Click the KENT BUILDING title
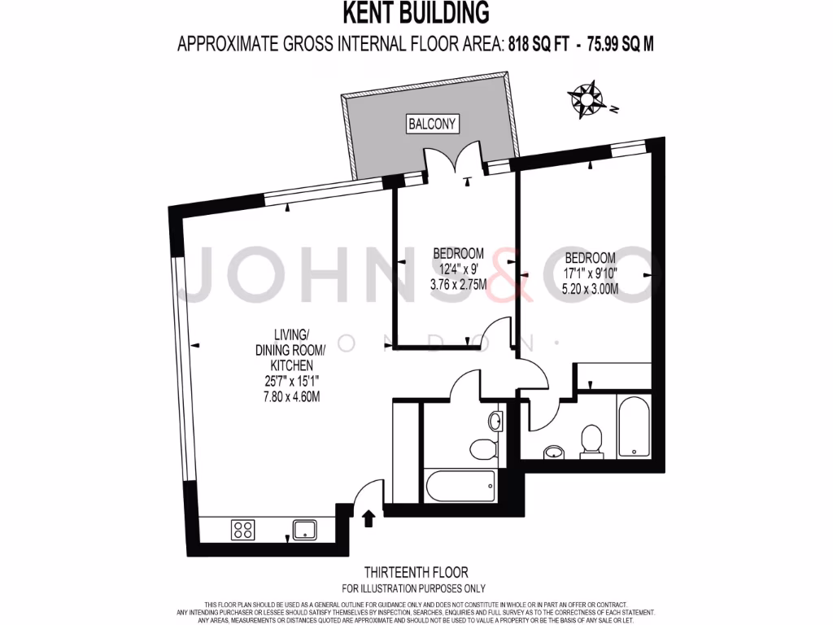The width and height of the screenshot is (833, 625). [x=416, y=13]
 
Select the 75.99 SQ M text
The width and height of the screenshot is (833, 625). [x=615, y=45]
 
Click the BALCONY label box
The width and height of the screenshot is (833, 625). [x=433, y=124]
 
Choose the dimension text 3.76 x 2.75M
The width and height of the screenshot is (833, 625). [x=458, y=284]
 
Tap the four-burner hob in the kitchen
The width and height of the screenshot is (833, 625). [x=242, y=530]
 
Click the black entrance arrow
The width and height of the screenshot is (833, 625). [x=369, y=518]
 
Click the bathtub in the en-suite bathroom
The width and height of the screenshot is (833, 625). [x=632, y=426]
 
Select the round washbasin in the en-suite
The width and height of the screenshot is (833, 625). [x=554, y=452]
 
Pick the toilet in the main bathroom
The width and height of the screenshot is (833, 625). [x=483, y=448]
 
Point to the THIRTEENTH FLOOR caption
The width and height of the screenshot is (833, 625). [x=416, y=573]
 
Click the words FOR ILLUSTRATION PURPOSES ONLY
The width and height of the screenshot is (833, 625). [x=416, y=588]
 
